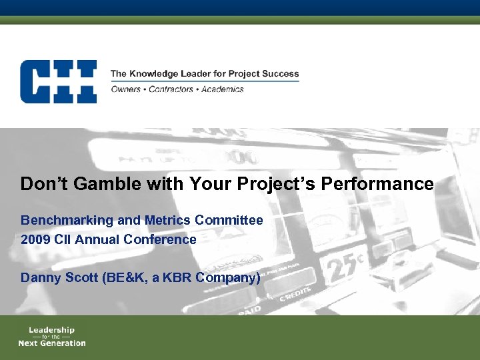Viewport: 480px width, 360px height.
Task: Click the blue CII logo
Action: tap(58, 81)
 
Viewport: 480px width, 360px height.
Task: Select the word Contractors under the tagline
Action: tap(175, 89)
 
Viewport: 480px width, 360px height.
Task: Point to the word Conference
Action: tap(161, 239)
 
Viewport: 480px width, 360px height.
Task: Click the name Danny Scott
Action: tap(59, 278)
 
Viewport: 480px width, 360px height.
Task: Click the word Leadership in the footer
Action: tap(51, 329)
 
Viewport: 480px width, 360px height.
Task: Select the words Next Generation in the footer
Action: tap(52, 343)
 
